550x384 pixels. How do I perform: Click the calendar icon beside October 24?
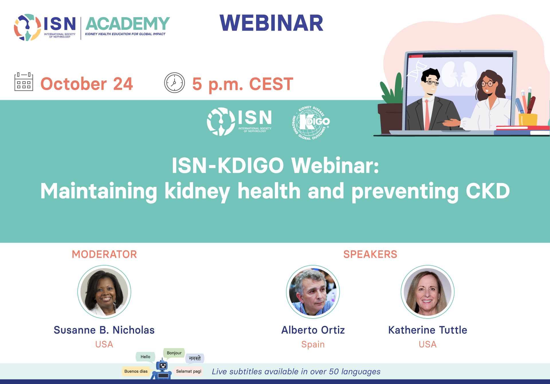[x=24, y=82]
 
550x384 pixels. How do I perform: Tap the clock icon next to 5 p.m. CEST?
[x=174, y=83]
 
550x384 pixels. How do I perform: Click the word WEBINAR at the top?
[x=271, y=23]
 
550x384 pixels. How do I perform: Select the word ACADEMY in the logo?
[x=128, y=23]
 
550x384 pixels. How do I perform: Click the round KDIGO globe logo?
[x=311, y=123]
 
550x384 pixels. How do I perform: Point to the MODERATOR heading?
[x=104, y=254]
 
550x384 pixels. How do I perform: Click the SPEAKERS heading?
[x=370, y=254]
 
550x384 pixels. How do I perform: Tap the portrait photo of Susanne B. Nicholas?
[x=104, y=292]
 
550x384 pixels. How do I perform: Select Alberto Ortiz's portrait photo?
[x=313, y=292]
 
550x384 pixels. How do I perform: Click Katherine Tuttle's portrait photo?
[x=428, y=292]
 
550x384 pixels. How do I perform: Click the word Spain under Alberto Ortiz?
[x=313, y=344]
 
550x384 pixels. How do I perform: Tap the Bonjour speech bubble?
[x=174, y=353]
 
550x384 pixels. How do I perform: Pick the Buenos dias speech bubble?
[x=136, y=371]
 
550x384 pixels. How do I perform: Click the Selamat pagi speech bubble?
[x=188, y=371]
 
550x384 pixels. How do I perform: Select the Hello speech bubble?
[x=146, y=357]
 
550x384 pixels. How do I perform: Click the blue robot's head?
[x=163, y=365]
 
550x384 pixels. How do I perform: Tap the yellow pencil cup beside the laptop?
[x=528, y=120]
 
